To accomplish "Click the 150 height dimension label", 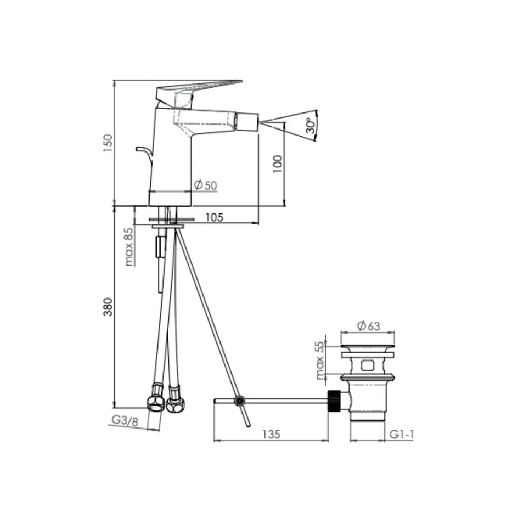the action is [108, 143].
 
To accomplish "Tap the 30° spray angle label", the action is [310, 126].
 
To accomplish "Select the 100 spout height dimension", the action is [278, 164].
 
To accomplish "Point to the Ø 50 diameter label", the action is [205, 185].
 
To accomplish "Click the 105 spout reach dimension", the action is [215, 217].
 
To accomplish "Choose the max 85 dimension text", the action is [129, 247].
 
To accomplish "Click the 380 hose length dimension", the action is [108, 307].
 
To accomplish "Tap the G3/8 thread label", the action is [125, 420].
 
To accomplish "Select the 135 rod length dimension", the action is [271, 434].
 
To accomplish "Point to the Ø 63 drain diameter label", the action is [369, 326].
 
